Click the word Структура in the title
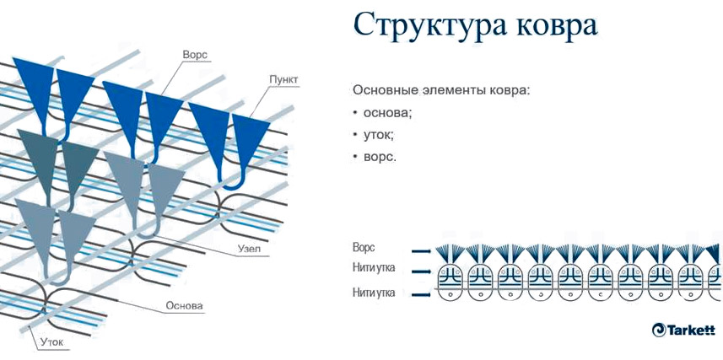(429, 26)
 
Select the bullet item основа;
(387, 112)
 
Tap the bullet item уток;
(379, 135)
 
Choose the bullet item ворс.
(380, 157)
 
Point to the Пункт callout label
(284, 80)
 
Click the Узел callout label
(250, 249)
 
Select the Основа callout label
(184, 305)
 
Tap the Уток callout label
(51, 342)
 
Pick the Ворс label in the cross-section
(364, 248)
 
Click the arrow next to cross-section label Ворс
(422, 251)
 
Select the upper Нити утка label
(374, 268)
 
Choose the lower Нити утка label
(374, 293)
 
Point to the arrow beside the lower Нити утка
(422, 294)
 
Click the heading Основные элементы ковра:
(442, 90)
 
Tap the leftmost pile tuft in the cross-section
(449, 252)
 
